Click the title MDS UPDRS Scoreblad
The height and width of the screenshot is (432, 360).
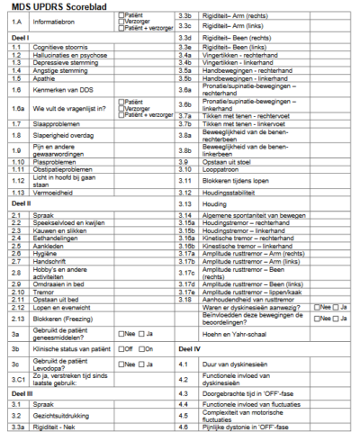[x=68, y=7]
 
